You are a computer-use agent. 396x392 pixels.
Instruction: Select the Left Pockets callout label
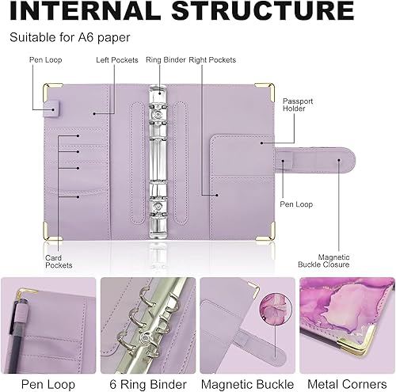coord(117,60)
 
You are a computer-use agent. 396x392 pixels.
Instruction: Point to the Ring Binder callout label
coord(166,60)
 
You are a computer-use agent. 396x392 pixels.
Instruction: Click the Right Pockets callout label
coord(211,60)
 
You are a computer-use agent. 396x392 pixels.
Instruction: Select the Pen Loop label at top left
coord(47,60)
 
